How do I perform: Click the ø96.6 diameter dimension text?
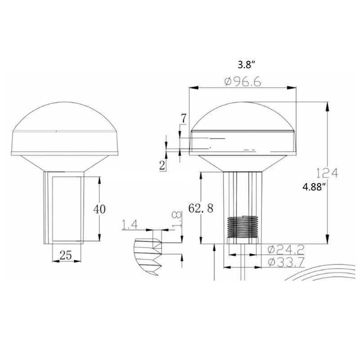[x=243, y=82]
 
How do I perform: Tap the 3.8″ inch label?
[x=247, y=64]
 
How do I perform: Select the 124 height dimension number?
[x=327, y=172]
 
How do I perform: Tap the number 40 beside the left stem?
[x=99, y=208]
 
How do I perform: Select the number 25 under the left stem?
[x=66, y=256]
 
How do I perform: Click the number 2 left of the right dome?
[x=162, y=165]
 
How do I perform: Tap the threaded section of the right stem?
[x=243, y=227]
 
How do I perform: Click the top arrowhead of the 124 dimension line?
[x=327, y=105]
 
